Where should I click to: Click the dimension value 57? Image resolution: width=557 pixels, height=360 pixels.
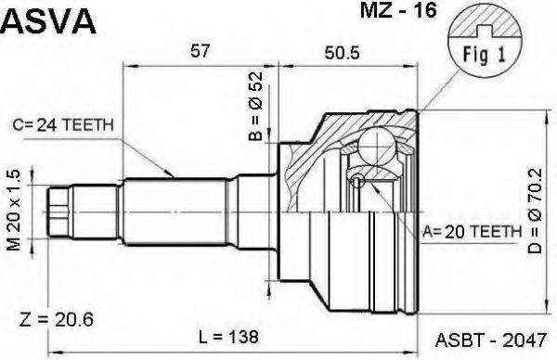pyautogui.click(x=198, y=52)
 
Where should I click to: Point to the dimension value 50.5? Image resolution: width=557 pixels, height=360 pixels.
pyautogui.click(x=343, y=52)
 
